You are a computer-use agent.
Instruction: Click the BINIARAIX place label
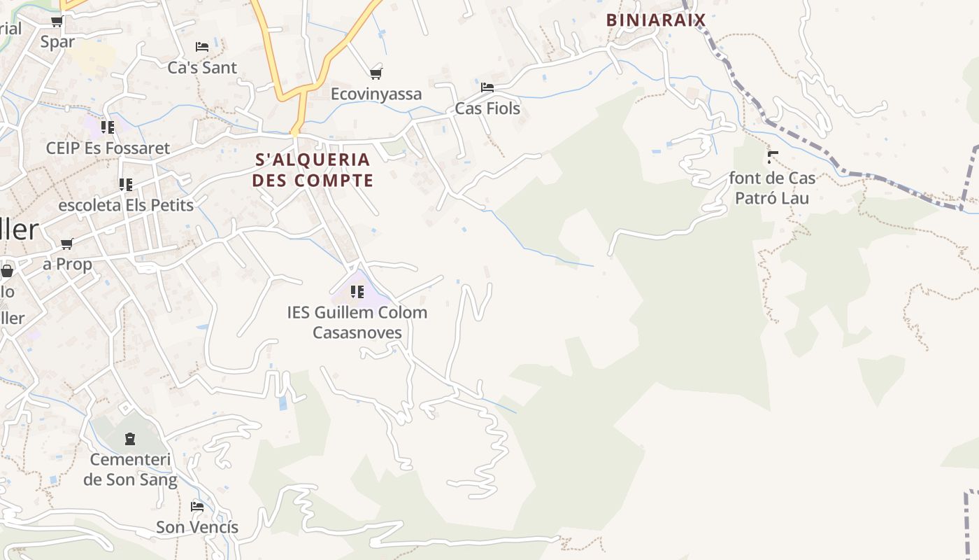pyautogui.click(x=655, y=20)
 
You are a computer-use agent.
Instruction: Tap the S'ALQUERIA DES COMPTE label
pyautogui.click(x=313, y=170)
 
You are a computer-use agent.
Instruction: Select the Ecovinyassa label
pyautogui.click(x=376, y=94)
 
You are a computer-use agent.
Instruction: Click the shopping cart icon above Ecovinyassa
pyautogui.click(x=376, y=73)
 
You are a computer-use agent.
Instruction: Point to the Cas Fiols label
pyautogui.click(x=487, y=108)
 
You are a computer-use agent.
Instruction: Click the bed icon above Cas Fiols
pyautogui.click(x=487, y=87)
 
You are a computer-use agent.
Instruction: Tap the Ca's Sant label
pyautogui.click(x=202, y=68)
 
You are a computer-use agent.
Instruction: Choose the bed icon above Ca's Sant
pyautogui.click(x=202, y=47)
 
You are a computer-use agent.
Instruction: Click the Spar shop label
pyautogui.click(x=57, y=42)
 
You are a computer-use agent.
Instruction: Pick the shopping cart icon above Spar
pyautogui.click(x=57, y=22)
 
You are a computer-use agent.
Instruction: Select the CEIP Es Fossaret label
pyautogui.click(x=108, y=148)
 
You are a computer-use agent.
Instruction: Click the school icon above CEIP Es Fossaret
pyautogui.click(x=108, y=127)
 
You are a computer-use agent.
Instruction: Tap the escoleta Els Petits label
pyautogui.click(x=126, y=206)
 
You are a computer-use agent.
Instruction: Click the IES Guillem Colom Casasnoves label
pyautogui.click(x=357, y=322)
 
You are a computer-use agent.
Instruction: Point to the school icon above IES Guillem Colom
pyautogui.click(x=357, y=291)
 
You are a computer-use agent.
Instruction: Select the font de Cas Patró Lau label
pyautogui.click(x=772, y=188)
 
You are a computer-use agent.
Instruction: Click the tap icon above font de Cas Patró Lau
pyautogui.click(x=773, y=157)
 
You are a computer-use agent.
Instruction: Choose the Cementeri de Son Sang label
pyautogui.click(x=130, y=470)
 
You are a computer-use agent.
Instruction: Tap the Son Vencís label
pyautogui.click(x=197, y=527)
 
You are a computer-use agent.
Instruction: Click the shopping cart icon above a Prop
pyautogui.click(x=67, y=244)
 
